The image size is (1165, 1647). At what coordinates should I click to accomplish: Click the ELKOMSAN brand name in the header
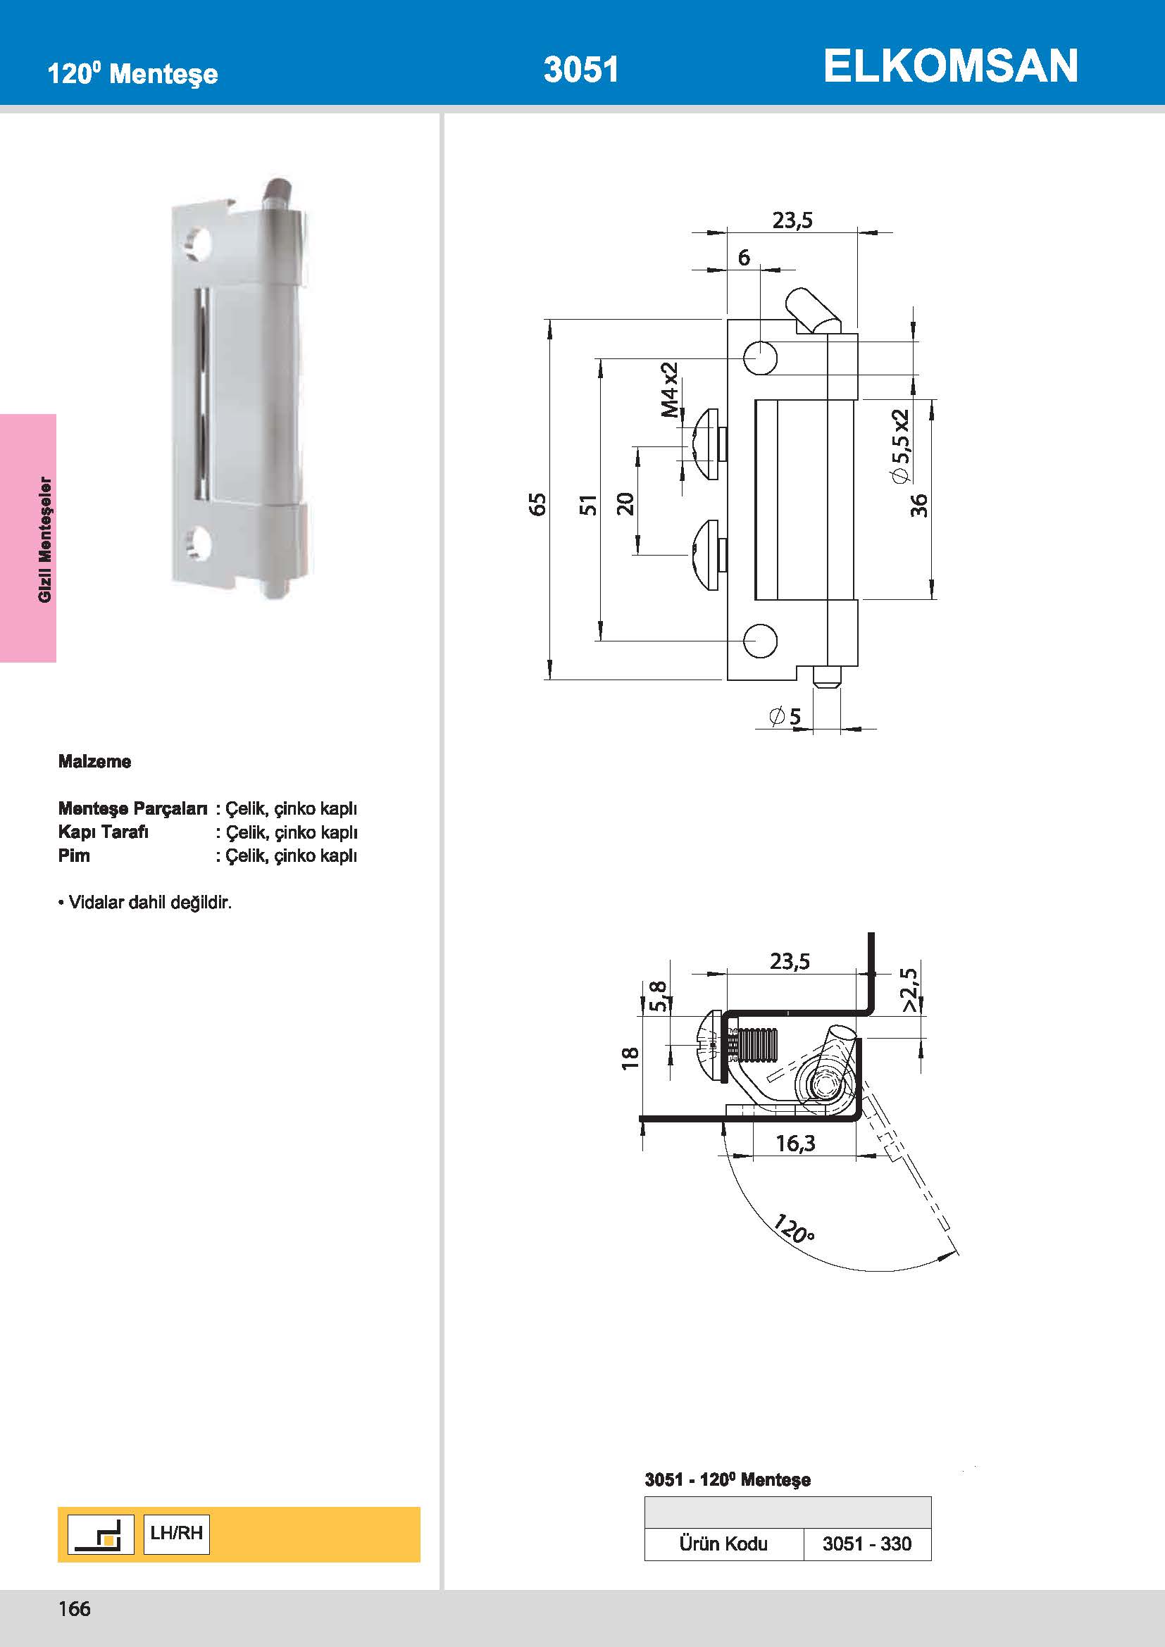(x=950, y=66)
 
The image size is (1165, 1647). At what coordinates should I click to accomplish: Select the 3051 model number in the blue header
(x=581, y=70)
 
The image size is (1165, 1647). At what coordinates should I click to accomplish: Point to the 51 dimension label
(x=587, y=504)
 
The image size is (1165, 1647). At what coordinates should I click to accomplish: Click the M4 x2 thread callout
(x=670, y=389)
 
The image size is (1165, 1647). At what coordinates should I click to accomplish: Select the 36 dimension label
(x=919, y=505)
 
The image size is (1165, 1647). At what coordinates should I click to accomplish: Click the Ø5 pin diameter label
(x=785, y=716)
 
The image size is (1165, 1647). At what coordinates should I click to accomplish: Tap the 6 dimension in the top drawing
(x=744, y=257)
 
